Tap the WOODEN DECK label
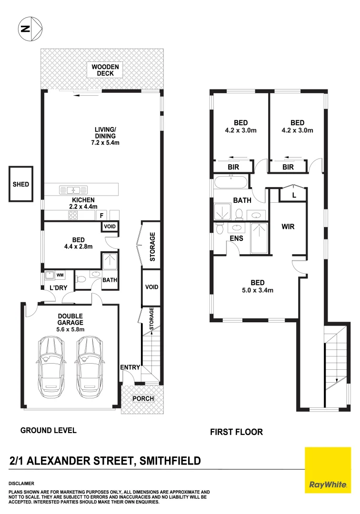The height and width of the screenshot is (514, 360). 106,70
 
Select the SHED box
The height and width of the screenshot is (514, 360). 21,184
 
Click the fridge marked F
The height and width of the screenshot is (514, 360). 101,216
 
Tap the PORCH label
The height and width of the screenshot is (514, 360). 143,398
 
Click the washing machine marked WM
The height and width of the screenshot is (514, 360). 54,275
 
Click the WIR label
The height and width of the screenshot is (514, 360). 288,227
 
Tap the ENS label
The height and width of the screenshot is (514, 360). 236,238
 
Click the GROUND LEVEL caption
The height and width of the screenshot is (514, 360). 48,430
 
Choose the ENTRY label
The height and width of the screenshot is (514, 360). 130,366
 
